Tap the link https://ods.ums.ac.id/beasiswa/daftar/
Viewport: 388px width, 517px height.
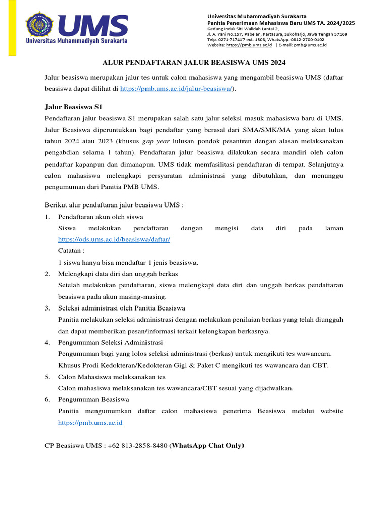point(114,239)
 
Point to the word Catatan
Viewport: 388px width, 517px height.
point(71,251)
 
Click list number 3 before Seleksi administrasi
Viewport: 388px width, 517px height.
point(47,308)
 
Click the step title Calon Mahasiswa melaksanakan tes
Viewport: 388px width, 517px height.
point(112,377)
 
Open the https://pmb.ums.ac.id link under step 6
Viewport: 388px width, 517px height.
point(90,423)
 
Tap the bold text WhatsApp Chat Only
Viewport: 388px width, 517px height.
point(208,445)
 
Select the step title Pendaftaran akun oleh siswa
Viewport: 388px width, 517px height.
point(101,217)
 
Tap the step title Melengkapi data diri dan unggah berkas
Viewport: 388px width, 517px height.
point(118,274)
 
